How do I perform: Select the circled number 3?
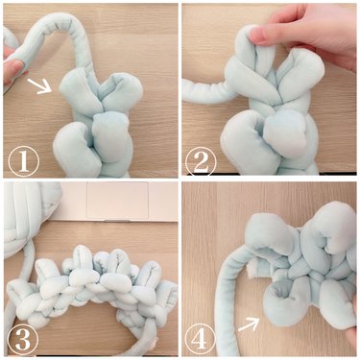coord(23,337)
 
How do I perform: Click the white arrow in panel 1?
coord(39,89)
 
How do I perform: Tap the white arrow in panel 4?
coord(249,324)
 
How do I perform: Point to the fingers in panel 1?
coord(9,72)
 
